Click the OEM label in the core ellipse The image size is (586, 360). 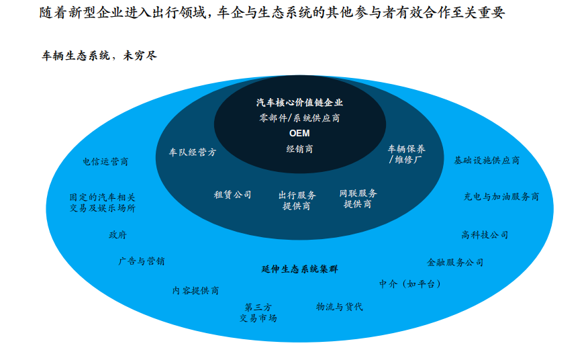pos(299,133)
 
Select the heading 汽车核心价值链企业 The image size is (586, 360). pos(299,103)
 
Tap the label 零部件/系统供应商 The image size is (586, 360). pos(299,118)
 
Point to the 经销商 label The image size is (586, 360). pos(299,148)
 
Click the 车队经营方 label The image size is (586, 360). pos(193,152)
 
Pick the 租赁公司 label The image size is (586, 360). pos(232,195)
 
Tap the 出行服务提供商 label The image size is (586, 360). pos(297,200)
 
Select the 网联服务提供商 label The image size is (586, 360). pos(358,198)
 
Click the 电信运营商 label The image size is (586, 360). pos(105,162)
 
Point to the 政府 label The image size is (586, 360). pos(117,235)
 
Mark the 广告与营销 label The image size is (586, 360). pos(142,261)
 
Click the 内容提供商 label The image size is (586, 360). pos(195,291)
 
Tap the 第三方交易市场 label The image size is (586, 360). pos(258,312)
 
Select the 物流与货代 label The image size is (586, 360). pos(340,307)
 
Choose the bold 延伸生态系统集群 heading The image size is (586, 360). pos(299,269)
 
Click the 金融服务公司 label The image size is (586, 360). pos(455,262)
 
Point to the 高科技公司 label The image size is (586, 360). pos(485,235)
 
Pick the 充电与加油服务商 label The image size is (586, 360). pos(501,197)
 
